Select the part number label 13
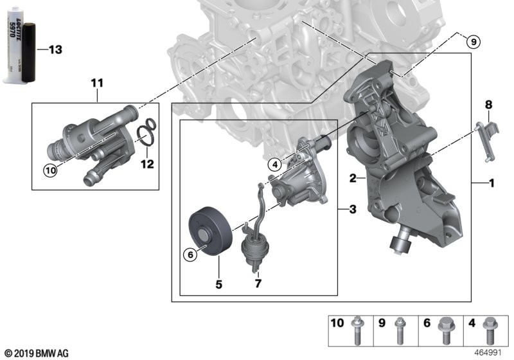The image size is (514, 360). point(55,50)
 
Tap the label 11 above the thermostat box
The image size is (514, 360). point(96,82)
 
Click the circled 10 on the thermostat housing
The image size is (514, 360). point(50,170)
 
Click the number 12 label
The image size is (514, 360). point(148,163)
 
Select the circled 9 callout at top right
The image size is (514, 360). point(472,42)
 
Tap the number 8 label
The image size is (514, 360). point(488,104)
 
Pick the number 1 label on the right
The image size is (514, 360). point(491,184)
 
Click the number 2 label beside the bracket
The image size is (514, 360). point(353,178)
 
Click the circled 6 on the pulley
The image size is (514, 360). point(190,255)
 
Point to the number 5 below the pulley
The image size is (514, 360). point(218,283)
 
